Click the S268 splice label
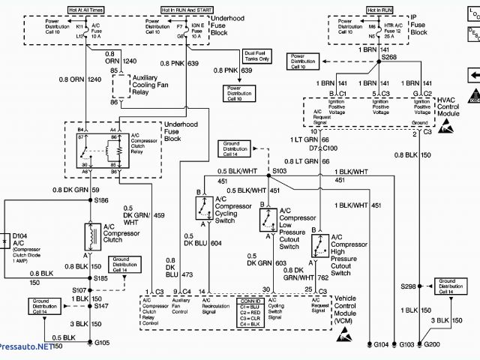389,57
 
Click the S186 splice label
101,200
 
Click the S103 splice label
280,171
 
